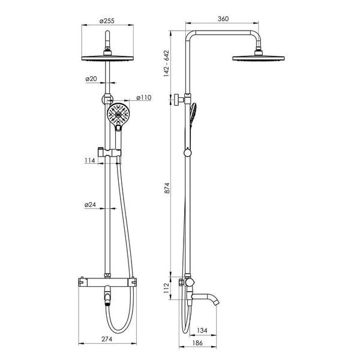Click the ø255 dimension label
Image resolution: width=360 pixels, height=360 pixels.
107,21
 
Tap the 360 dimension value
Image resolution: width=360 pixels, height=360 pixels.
223,19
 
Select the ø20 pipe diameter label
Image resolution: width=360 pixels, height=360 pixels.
91,79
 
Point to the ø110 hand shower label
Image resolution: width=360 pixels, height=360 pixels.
144,97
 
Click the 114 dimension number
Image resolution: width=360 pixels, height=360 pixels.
89,160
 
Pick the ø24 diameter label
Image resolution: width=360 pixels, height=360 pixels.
90,205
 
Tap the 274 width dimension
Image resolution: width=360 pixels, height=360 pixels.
107,339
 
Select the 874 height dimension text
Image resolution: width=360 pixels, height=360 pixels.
167,188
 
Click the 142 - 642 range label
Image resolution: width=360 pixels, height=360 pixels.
166,64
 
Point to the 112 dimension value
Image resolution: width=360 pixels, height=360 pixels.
166,288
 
